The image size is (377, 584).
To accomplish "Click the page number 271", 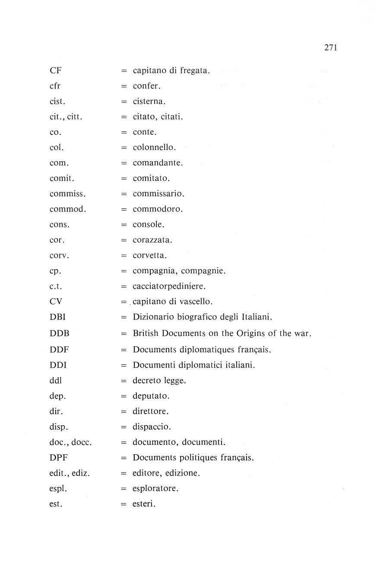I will (x=330, y=48).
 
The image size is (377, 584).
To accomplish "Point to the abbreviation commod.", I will (x=68, y=209).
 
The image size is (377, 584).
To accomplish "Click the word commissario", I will (x=158, y=194).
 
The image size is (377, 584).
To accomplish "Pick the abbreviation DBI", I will (x=57, y=317).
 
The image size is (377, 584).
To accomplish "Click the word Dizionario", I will (x=152, y=317).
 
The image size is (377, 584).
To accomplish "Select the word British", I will (x=146, y=333).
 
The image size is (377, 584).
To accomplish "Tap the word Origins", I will (x=253, y=333).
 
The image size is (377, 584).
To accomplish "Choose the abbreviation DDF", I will (x=59, y=349).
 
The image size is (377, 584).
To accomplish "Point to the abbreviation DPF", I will (x=59, y=457).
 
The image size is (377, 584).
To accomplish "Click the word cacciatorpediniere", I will (x=169, y=287).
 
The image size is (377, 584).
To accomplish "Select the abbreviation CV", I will (x=56, y=302).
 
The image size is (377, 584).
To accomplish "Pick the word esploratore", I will (x=155, y=489).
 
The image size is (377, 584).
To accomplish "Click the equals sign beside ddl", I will (x=124, y=381).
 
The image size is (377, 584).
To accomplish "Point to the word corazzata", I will (x=152, y=240).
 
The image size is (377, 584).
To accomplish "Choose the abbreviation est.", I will (x=56, y=504).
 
